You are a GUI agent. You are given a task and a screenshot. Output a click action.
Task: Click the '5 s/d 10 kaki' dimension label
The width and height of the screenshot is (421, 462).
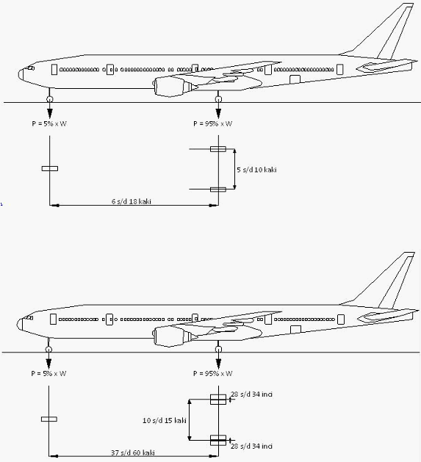point(256,170)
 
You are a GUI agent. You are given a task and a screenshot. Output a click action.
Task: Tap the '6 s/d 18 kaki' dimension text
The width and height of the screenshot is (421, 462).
point(132,201)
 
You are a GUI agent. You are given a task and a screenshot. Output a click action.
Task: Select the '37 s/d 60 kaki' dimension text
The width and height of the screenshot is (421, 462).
point(133,452)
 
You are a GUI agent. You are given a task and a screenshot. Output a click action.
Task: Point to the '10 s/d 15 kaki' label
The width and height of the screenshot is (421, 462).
point(165,420)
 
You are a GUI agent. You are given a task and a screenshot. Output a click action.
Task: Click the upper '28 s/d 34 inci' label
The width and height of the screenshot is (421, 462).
point(251,394)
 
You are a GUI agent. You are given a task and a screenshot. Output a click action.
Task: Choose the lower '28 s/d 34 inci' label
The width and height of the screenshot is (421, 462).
point(251,446)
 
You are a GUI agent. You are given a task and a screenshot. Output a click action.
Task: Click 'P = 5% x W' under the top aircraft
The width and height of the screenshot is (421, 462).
point(49,123)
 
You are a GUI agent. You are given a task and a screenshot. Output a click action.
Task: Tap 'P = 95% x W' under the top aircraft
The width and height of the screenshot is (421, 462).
point(212,123)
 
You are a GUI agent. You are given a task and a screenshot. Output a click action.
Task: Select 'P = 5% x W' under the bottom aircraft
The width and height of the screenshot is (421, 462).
point(48,374)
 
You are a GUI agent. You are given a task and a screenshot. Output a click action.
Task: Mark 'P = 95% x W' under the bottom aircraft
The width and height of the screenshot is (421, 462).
point(212,374)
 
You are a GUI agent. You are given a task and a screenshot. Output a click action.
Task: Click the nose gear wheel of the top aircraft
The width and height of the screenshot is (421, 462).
point(49,99)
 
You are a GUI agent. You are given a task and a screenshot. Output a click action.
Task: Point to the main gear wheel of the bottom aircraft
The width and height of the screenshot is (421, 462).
point(218,350)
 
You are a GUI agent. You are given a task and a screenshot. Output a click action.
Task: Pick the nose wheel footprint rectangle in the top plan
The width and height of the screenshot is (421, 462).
point(50,168)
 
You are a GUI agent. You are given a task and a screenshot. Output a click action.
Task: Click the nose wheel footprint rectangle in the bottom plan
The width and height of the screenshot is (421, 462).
point(49,419)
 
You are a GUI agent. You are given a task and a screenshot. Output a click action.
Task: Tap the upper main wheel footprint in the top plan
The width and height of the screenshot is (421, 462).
point(218,149)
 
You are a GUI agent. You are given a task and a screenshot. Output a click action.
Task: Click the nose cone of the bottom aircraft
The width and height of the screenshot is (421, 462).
point(20,324)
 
